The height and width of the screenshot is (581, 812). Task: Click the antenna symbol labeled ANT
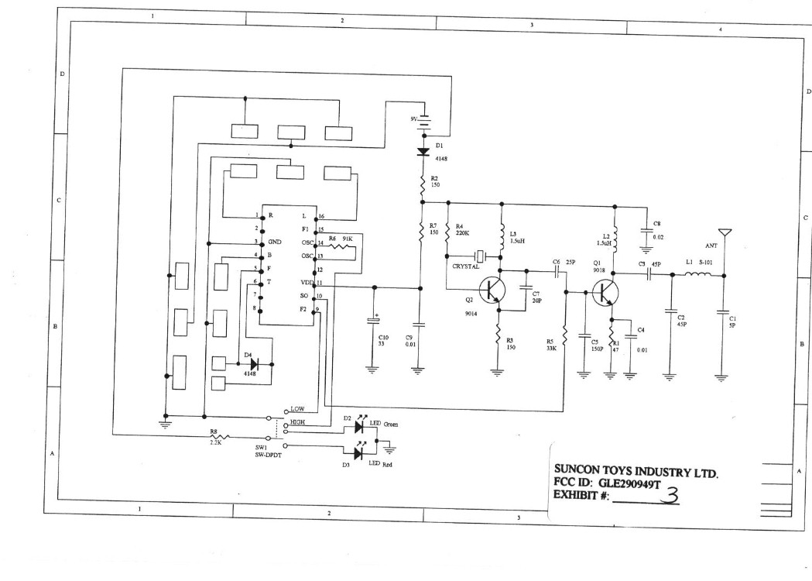tap(724, 233)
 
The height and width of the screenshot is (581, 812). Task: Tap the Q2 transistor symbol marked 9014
tap(493, 290)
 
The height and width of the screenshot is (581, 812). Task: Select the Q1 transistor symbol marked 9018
tap(605, 292)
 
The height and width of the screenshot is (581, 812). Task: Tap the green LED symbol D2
tap(359, 425)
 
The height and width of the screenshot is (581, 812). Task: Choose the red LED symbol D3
tap(359, 453)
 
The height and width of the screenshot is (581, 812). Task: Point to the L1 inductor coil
tap(692, 275)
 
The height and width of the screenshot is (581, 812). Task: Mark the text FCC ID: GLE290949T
tap(605, 483)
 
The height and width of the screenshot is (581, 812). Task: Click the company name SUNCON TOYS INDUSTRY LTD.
tap(636, 469)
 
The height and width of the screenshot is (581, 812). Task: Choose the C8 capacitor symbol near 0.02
tap(645, 230)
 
